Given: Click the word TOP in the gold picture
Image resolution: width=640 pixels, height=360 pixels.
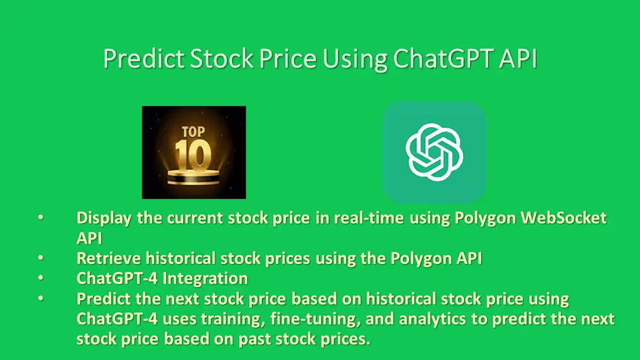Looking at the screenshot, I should point(193,131).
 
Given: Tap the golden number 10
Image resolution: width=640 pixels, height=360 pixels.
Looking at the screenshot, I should point(194,152).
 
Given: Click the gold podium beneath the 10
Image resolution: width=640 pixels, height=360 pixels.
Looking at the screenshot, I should point(194,176).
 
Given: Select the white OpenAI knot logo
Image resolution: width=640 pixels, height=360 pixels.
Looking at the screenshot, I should point(434,150).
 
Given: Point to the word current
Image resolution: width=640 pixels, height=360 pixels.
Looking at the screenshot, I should point(193,218).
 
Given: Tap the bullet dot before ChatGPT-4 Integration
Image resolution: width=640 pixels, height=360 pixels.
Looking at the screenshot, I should point(41,279).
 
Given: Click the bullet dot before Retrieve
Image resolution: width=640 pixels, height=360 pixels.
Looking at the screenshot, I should point(41,258).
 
